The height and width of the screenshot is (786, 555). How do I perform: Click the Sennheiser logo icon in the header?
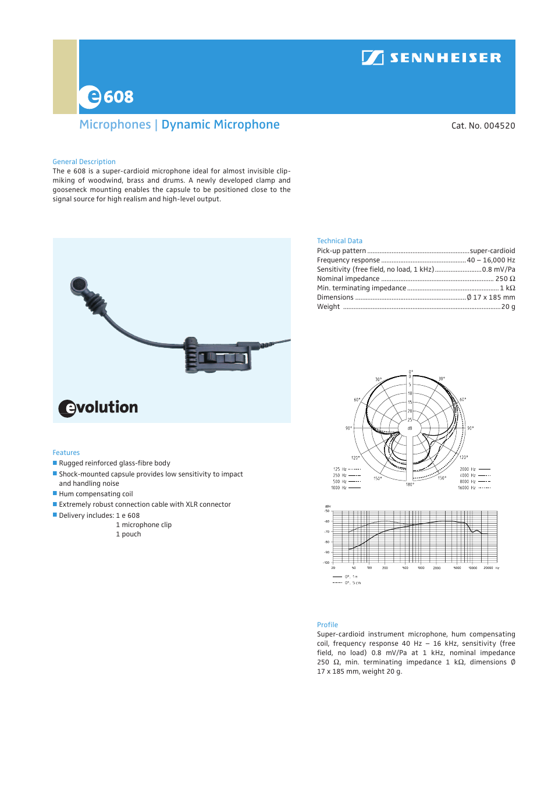(372, 58)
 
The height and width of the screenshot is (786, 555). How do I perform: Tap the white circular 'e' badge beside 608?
(91, 97)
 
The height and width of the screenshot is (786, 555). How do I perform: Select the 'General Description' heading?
(84, 162)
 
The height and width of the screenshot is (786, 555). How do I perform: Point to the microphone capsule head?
(79, 285)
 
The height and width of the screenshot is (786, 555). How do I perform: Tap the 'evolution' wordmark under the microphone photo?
(98, 408)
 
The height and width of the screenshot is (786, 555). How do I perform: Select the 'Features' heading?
(66, 453)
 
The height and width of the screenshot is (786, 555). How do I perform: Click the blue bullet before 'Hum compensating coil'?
(55, 493)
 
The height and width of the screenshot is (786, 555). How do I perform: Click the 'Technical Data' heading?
(339, 241)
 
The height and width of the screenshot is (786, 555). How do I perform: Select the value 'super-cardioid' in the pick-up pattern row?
(492, 251)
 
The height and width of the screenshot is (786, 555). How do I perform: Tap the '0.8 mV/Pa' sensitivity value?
(498, 269)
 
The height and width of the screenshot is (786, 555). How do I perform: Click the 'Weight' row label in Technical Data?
(328, 307)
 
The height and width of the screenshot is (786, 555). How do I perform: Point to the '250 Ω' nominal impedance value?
(505, 279)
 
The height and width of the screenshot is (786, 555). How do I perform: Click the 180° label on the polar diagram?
(410, 484)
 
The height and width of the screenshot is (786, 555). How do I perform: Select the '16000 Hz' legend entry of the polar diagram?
(467, 488)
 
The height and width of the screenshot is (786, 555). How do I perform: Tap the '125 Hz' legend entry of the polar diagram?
(340, 469)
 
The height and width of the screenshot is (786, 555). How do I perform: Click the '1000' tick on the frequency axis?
(421, 568)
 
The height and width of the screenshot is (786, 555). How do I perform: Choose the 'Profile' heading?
(327, 625)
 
